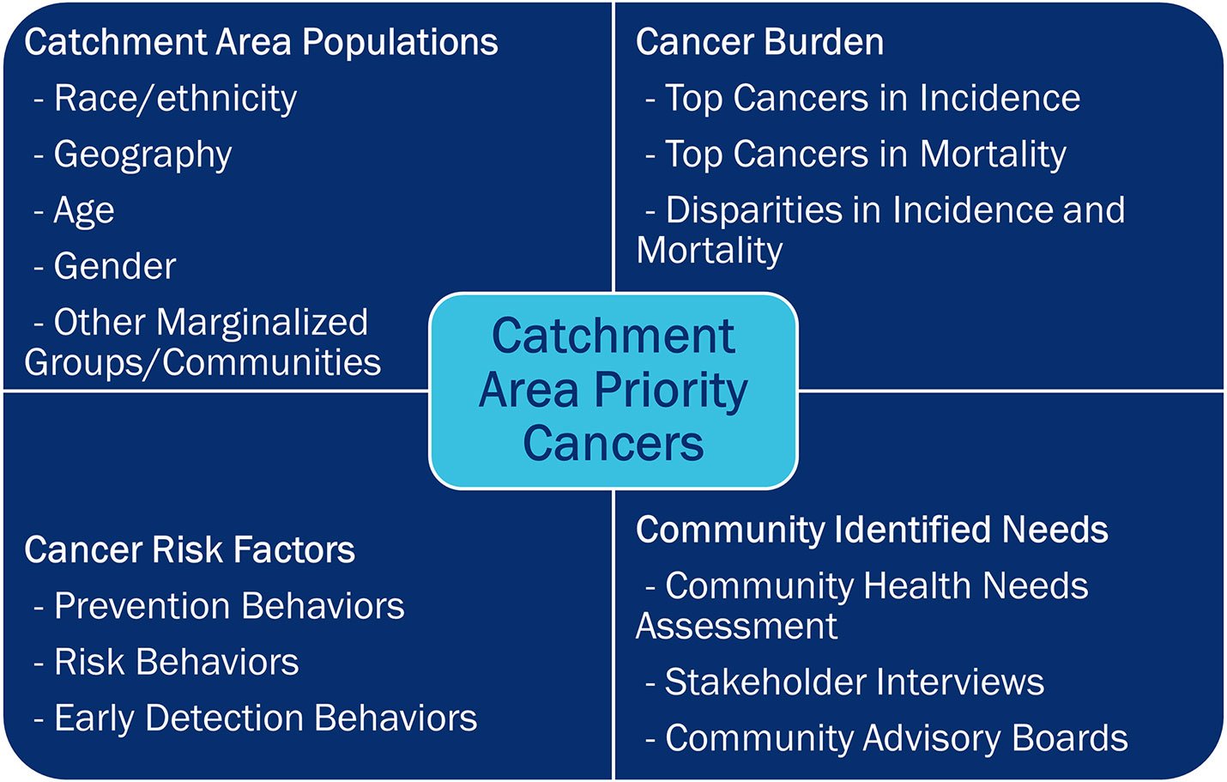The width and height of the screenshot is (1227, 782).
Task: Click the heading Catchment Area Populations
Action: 261,43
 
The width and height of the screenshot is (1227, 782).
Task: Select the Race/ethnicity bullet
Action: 174,99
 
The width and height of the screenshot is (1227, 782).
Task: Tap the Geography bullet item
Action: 142,155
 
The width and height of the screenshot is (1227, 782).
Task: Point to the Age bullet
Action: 83,211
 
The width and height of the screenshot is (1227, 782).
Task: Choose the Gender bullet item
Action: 114,266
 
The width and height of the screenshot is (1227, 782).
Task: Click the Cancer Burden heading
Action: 759,43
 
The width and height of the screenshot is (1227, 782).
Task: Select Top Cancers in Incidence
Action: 872,99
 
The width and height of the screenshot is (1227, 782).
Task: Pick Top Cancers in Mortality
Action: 865,155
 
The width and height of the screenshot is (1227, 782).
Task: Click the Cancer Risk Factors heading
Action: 190,550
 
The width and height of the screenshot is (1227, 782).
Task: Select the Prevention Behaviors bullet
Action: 228,606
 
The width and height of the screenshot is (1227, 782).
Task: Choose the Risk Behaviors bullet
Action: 176,663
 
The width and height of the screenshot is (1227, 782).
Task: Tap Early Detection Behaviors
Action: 264,718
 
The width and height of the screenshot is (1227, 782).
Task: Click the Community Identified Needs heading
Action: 872,530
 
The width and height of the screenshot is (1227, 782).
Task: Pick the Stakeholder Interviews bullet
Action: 854,682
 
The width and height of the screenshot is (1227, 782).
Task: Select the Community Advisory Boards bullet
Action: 896,738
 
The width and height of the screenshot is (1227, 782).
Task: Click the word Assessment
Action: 736,626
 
